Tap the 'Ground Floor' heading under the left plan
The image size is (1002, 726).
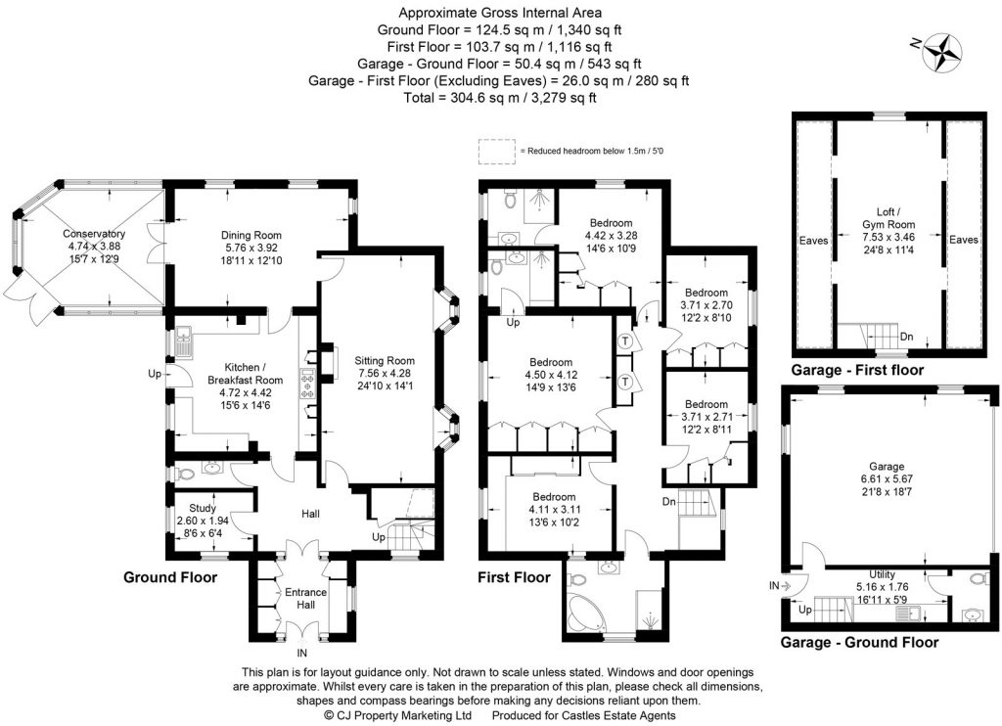point(169,577)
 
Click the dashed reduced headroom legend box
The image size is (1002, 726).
point(496,152)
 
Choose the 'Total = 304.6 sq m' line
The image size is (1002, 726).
point(500,98)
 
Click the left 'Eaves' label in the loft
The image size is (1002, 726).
point(814,239)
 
